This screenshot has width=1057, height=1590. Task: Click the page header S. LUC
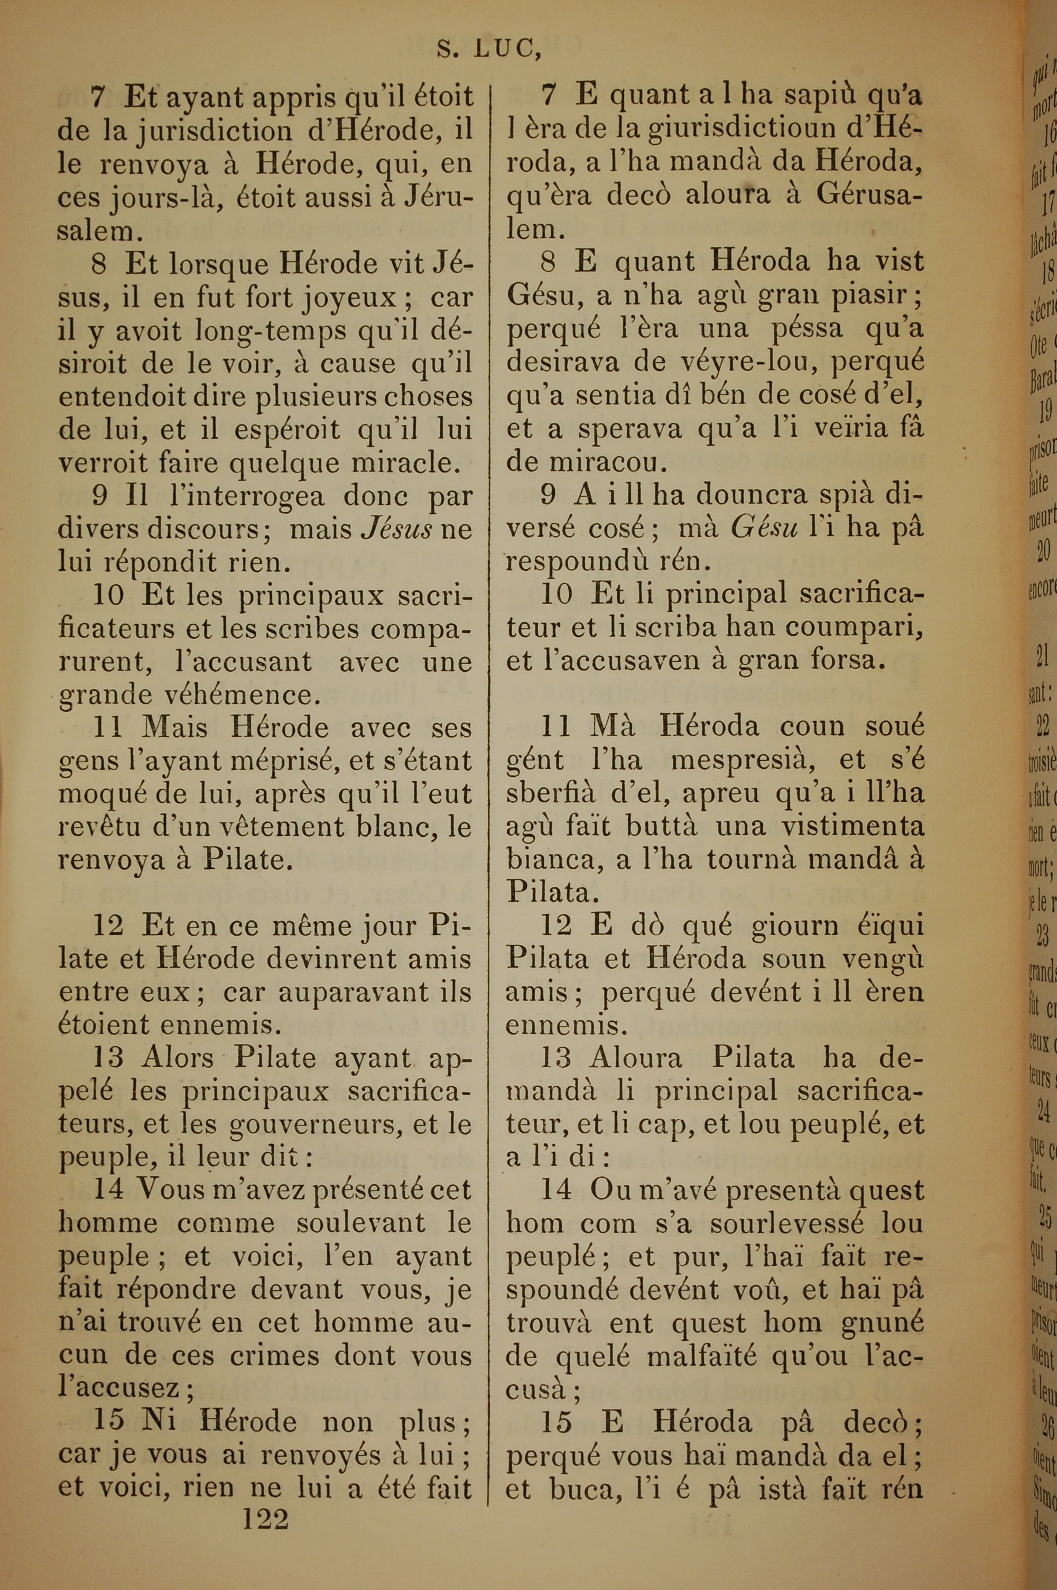489,49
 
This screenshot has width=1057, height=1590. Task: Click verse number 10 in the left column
108,596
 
